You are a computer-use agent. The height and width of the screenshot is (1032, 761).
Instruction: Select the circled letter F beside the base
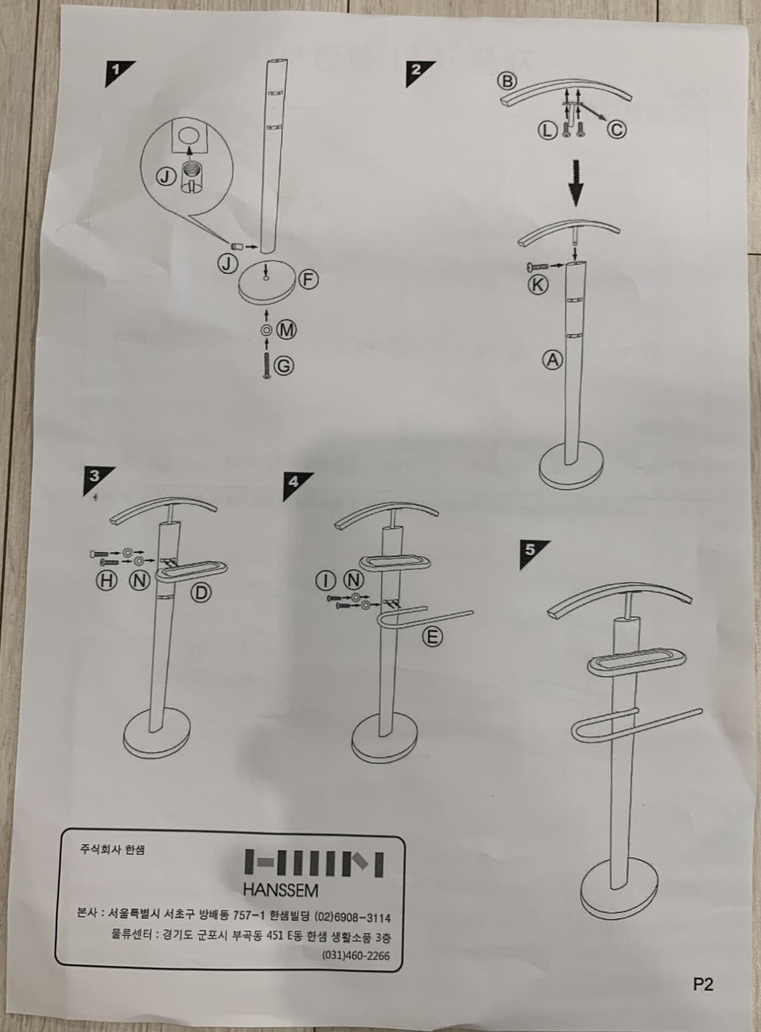pyautogui.click(x=308, y=279)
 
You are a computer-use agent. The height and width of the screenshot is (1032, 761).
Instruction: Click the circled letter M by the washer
pyautogui.click(x=286, y=330)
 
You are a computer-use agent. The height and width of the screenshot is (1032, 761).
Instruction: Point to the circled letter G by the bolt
pyautogui.click(x=284, y=366)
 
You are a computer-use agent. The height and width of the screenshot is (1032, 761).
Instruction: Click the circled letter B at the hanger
pyautogui.click(x=507, y=81)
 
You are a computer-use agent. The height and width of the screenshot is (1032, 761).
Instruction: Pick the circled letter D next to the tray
pyautogui.click(x=201, y=593)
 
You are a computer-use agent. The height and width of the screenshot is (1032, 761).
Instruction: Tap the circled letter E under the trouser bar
pyautogui.click(x=432, y=636)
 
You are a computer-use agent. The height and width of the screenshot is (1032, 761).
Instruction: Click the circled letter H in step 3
pyautogui.click(x=107, y=580)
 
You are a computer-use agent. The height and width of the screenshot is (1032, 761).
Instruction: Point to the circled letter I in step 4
pyautogui.click(x=326, y=580)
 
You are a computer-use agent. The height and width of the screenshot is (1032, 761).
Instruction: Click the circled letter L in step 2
pyautogui.click(x=547, y=130)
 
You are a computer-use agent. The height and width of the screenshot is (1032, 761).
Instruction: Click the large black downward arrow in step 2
pyautogui.click(x=576, y=183)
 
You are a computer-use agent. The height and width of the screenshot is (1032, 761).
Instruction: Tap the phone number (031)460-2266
pyautogui.click(x=356, y=955)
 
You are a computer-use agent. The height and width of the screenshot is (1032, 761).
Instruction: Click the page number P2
pyautogui.click(x=703, y=985)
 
